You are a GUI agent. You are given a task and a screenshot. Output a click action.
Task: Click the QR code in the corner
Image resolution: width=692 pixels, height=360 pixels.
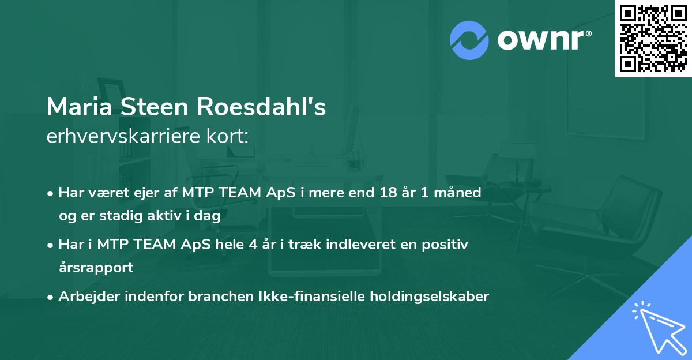pos(653,39)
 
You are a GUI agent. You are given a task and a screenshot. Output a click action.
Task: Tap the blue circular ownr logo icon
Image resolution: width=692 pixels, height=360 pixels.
pos(469,40)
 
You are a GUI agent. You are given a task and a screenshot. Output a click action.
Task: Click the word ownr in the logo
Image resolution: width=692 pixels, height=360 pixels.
pos(541,40)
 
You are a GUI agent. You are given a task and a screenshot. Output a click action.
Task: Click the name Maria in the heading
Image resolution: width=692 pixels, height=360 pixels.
pos(80,107)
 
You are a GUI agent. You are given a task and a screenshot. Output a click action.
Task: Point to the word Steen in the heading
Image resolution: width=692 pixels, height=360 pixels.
pos(155,107)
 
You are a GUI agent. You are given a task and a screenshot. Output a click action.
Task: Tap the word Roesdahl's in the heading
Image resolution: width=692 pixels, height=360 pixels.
pos(261,107)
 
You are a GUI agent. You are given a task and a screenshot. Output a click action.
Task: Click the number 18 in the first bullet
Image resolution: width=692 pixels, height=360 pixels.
pos(388,192)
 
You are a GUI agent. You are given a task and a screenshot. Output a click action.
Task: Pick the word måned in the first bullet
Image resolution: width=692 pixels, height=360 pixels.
pos(457,192)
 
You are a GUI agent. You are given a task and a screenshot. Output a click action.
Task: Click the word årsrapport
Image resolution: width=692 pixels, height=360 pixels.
pos(96,268)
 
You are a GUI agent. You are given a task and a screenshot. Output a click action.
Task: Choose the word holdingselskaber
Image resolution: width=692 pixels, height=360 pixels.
pos(430,297)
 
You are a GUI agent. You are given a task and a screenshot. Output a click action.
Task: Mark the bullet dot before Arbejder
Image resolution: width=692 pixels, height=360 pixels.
pos(50,298)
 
